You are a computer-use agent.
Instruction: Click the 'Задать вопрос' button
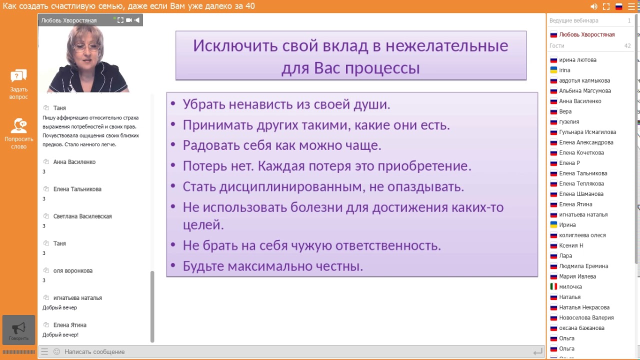[18, 84]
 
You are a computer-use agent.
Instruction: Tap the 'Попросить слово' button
[18, 133]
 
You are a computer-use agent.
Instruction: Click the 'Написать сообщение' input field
[94, 352]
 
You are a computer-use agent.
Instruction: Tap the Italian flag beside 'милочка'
[553, 286]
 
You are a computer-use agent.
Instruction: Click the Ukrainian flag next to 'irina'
[553, 70]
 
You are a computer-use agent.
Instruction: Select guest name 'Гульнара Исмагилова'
[587, 132]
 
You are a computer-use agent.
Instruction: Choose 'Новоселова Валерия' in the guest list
[586, 317]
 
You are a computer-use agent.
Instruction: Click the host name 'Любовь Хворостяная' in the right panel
[586, 34]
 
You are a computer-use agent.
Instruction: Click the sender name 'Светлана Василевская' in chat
[82, 216]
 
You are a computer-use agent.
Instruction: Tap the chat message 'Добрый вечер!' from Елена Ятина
[60, 335]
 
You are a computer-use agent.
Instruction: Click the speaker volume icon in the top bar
[593, 6]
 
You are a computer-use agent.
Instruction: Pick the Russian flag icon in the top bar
[618, 6]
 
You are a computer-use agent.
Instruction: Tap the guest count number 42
[627, 46]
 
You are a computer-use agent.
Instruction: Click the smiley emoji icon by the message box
[56, 352]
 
